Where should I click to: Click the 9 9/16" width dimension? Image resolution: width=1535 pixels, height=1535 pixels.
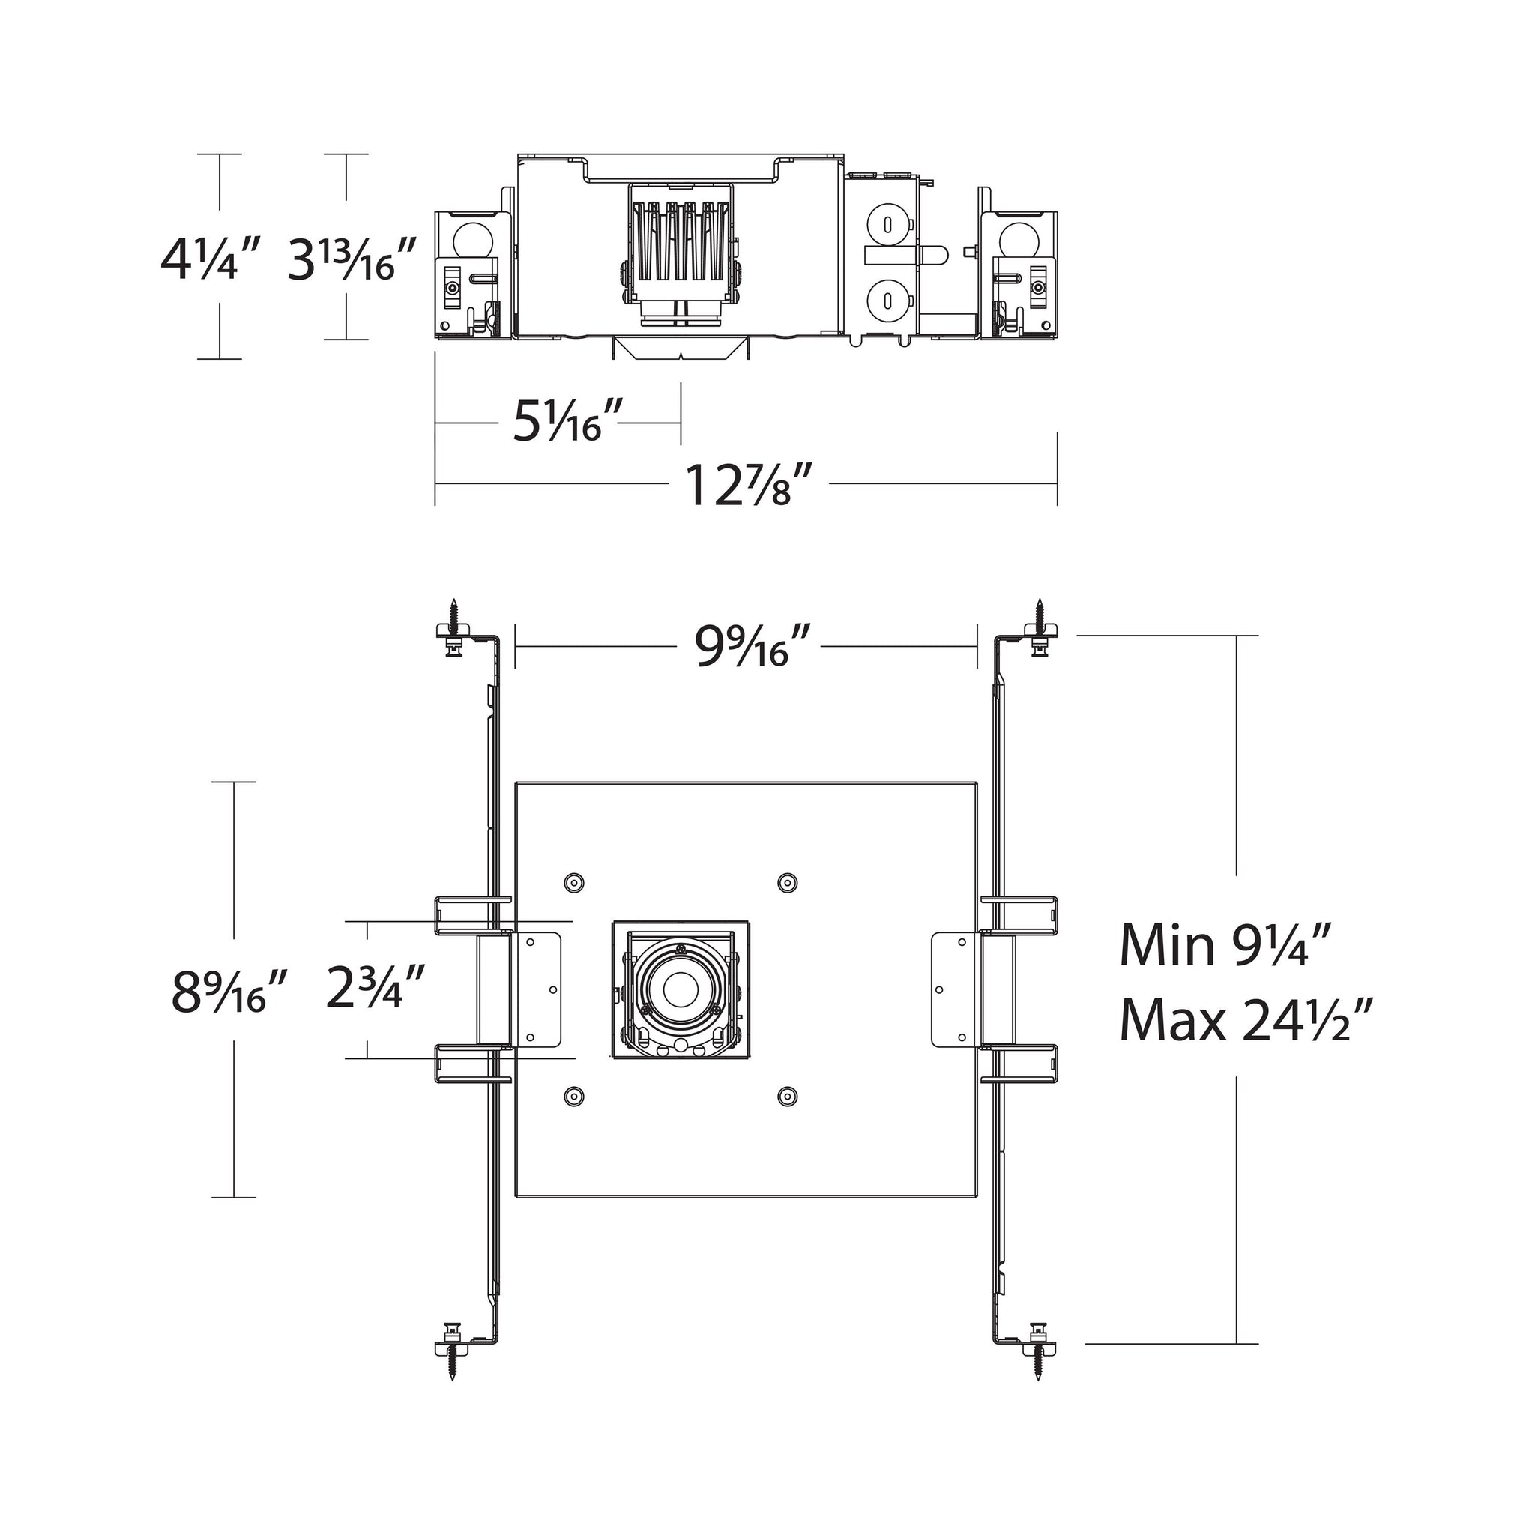tap(753, 645)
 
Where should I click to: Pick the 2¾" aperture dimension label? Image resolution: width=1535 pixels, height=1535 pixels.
tap(376, 985)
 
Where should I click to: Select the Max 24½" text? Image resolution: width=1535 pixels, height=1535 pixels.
tap(1246, 1020)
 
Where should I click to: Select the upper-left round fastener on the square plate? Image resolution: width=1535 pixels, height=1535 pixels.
tap(573, 882)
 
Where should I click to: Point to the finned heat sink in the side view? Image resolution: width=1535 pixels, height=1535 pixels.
tap(681, 251)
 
